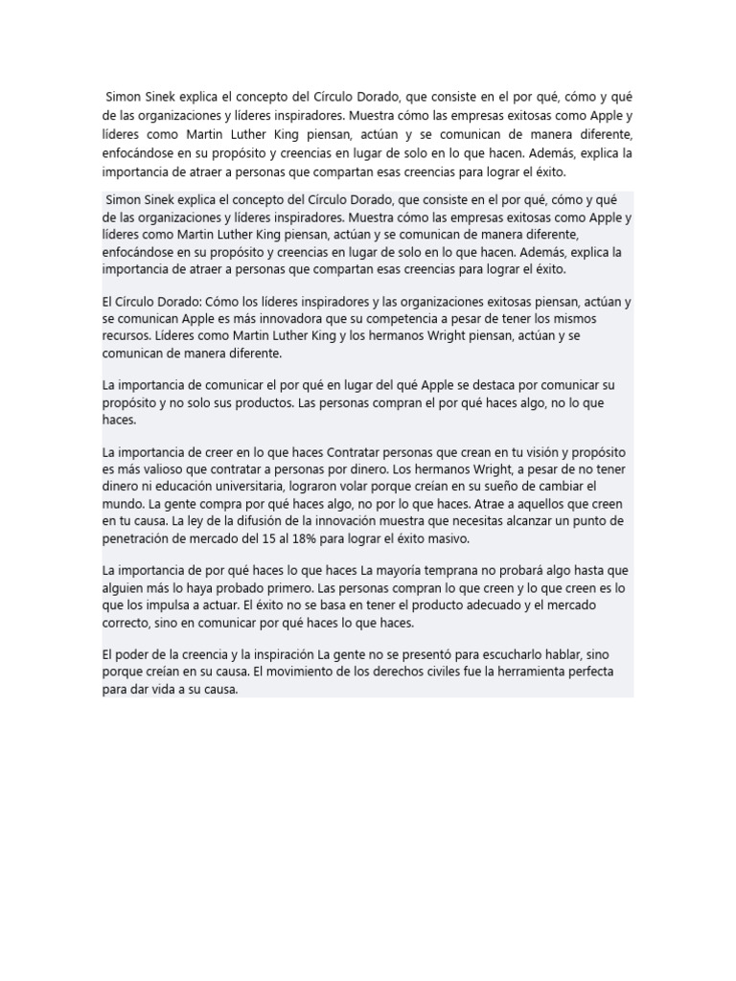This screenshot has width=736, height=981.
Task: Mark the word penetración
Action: pos(143,537)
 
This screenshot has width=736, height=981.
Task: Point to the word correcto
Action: pos(128,622)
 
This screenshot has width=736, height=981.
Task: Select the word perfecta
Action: pos(597,672)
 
